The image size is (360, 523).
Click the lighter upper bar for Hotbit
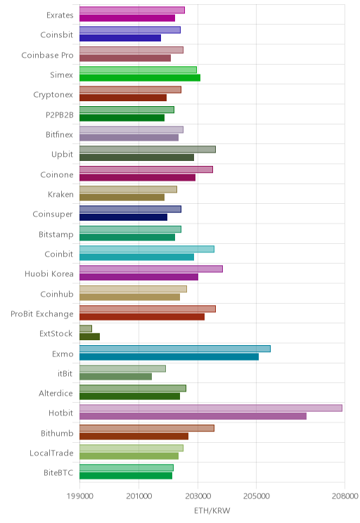tap(211, 408)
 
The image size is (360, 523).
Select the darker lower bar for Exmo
tap(169, 356)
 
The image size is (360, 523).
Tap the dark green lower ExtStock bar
tap(90, 337)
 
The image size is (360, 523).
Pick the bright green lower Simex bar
tap(140, 78)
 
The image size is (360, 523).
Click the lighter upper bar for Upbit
tap(148, 150)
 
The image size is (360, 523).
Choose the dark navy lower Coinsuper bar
tap(124, 217)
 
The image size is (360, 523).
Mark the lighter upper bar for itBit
tap(123, 368)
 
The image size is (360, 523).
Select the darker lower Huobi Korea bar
tap(139, 277)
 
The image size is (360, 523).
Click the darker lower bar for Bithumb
tap(134, 436)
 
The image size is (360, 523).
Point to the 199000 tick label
tap(79, 496)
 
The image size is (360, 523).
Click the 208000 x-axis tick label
tap(345, 496)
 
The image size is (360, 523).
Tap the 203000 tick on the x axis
tap(198, 496)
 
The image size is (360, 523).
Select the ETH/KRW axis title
tap(212, 510)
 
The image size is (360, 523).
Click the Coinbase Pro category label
tap(47, 55)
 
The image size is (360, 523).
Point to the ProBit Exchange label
tap(42, 314)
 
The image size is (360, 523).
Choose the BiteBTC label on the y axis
tap(58, 472)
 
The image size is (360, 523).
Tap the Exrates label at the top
tap(60, 15)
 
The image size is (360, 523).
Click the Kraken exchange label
tap(60, 194)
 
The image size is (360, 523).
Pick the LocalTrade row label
tap(51, 453)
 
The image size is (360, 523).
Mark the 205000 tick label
tap(257, 496)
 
